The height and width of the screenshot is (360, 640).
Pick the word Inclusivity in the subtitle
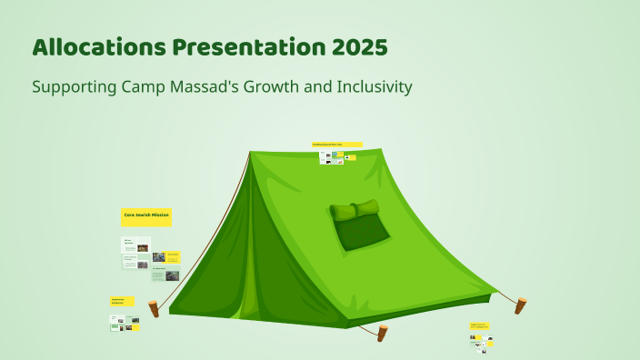tap(373, 87)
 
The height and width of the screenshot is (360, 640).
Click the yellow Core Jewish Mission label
tap(146, 216)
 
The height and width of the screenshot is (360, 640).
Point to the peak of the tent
tap(250, 152)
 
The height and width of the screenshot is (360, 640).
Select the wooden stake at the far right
tap(520, 305)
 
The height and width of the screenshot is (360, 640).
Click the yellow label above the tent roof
tap(337, 144)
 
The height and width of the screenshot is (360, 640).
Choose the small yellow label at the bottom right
tap(480, 325)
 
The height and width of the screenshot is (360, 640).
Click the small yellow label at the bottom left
tap(122, 300)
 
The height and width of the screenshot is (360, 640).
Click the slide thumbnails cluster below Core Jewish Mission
tap(151, 258)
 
